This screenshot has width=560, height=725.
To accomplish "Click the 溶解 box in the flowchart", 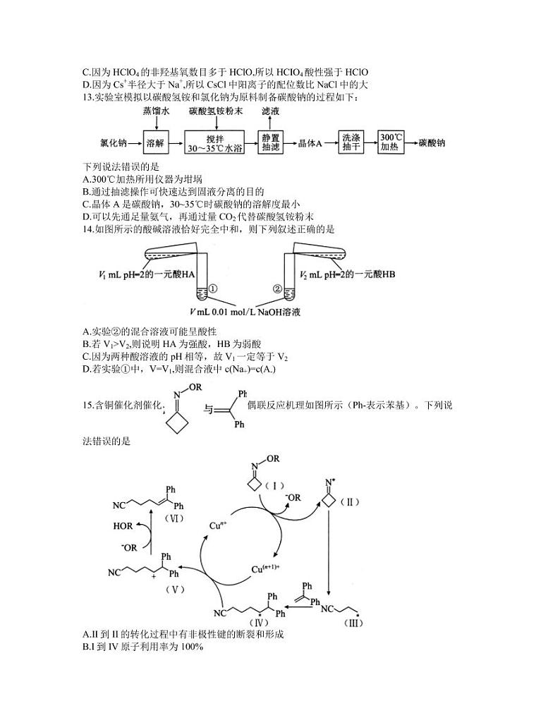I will (156, 143).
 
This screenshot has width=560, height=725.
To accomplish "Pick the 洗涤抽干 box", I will (351, 143).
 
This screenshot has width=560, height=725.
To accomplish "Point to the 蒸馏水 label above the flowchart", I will (156, 111).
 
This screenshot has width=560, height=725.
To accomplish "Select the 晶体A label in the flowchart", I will (310, 143).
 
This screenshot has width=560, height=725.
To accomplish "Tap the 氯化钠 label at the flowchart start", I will (114, 143).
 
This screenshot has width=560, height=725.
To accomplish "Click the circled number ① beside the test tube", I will (214, 288).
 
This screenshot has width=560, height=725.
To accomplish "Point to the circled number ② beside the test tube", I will (277, 288).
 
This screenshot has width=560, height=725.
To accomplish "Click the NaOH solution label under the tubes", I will (250, 311).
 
